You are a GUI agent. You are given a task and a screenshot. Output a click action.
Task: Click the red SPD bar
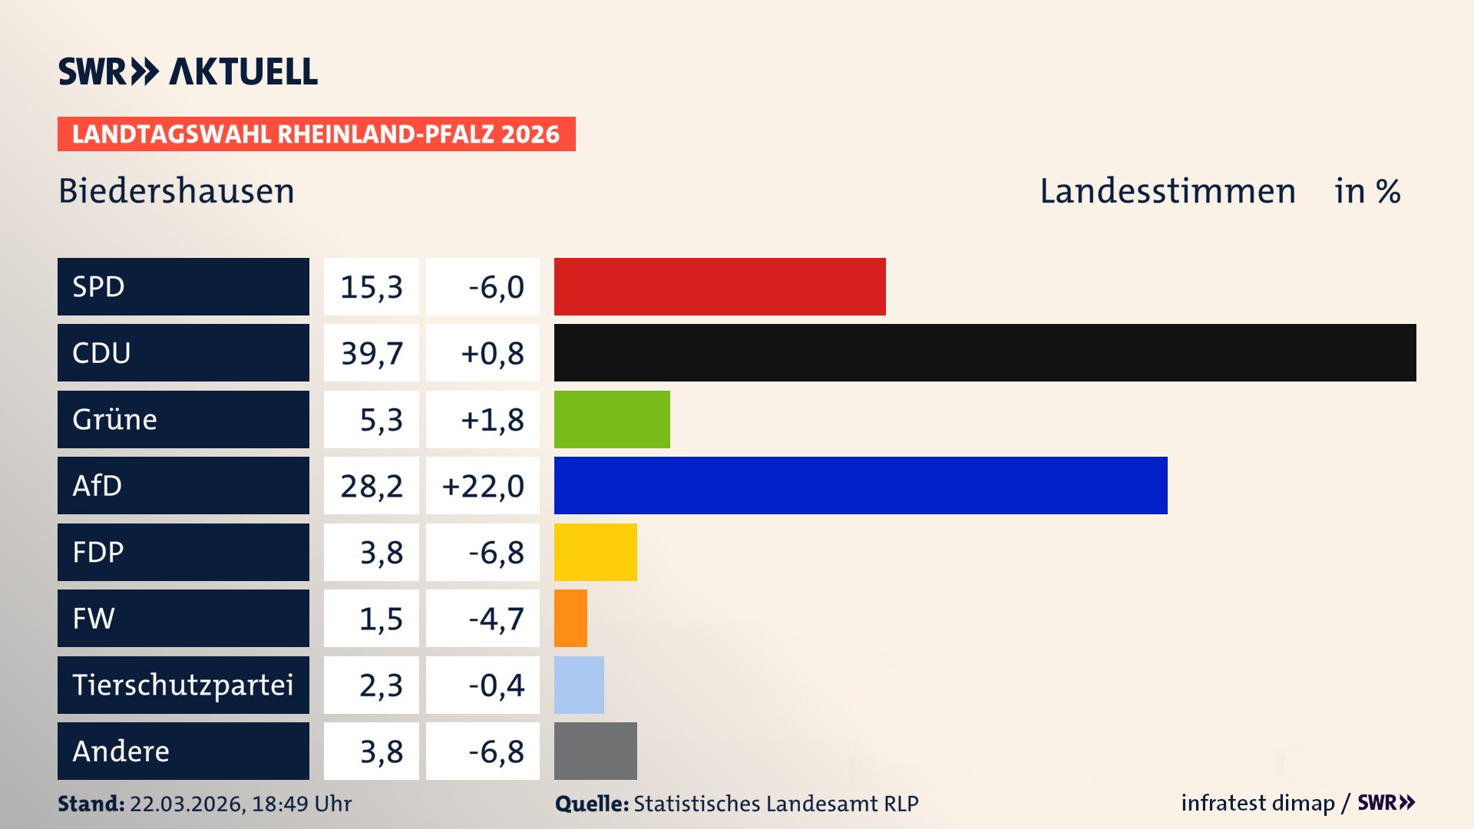719,286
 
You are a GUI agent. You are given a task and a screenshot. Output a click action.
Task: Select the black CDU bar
984,352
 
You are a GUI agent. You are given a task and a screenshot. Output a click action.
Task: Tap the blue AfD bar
860,485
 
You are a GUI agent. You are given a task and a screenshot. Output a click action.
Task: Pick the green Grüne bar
612,419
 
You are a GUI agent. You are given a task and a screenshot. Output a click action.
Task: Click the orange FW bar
570,618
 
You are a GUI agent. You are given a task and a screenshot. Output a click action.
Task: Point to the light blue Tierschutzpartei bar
579,685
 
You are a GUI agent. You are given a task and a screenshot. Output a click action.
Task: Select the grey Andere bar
595,751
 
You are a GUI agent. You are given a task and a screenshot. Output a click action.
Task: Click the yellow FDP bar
595,552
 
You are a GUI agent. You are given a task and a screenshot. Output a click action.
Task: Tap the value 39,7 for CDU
372,353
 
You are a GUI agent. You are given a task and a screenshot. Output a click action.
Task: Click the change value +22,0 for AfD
483,486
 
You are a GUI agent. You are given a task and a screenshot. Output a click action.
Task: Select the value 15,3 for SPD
372,287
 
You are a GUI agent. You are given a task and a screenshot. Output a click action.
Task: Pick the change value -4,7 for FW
496,619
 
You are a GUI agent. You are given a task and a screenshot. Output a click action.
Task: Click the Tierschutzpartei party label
183,685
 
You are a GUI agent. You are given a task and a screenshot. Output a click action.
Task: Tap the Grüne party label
115,420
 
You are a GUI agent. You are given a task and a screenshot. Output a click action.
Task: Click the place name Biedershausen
177,191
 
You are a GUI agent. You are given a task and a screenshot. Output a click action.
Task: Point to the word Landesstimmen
1167,191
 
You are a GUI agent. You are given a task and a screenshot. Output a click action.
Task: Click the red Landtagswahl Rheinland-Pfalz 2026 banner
316,134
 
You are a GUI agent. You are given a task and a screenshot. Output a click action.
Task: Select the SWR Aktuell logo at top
188,71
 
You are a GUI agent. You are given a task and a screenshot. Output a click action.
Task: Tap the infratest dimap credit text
1258,803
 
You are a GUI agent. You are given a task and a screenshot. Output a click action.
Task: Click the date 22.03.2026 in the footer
187,804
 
